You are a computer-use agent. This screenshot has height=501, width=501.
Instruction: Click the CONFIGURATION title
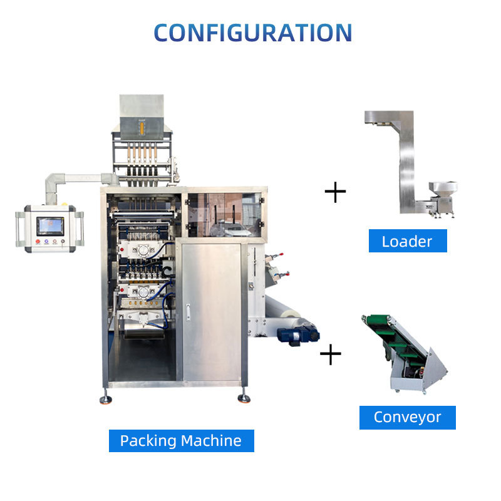[x=252, y=33]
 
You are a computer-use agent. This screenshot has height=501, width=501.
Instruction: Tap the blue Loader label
[x=407, y=241]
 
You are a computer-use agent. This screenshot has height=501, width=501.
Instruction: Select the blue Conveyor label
[x=407, y=417]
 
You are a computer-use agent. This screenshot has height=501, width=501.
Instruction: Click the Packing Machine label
[x=181, y=440]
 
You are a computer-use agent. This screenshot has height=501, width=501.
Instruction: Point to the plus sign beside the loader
[x=336, y=192]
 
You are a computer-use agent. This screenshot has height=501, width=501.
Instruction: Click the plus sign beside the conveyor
[x=331, y=355]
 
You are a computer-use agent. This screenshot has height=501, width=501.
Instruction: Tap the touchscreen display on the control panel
[x=50, y=225]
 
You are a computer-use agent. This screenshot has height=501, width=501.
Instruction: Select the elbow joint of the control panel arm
[x=51, y=183]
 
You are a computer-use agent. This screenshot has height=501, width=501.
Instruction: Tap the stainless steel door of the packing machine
[x=210, y=310]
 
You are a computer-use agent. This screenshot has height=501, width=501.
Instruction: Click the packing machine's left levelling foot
[x=106, y=398]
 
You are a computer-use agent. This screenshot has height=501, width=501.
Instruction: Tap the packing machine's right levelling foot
[x=243, y=398]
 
